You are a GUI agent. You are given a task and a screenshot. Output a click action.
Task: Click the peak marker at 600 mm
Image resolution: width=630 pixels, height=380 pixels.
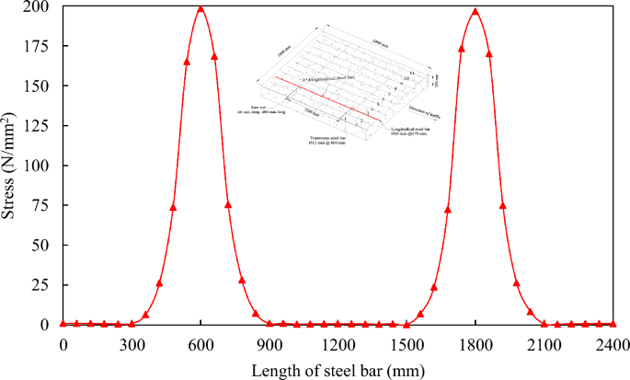tap(200, 9)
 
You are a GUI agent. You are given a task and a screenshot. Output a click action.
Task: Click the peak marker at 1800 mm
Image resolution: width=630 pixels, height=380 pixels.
tap(475, 12)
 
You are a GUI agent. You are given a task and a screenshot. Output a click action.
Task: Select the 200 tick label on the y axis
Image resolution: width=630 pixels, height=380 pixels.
tap(38, 6)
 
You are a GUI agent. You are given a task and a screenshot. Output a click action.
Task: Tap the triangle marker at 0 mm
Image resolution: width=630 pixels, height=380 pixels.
tap(63, 323)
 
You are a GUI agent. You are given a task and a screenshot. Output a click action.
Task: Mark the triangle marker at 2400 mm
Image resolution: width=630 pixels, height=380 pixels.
tap(613, 323)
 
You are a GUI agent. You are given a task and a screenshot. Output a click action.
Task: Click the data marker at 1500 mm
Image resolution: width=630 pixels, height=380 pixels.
tap(407, 324)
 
